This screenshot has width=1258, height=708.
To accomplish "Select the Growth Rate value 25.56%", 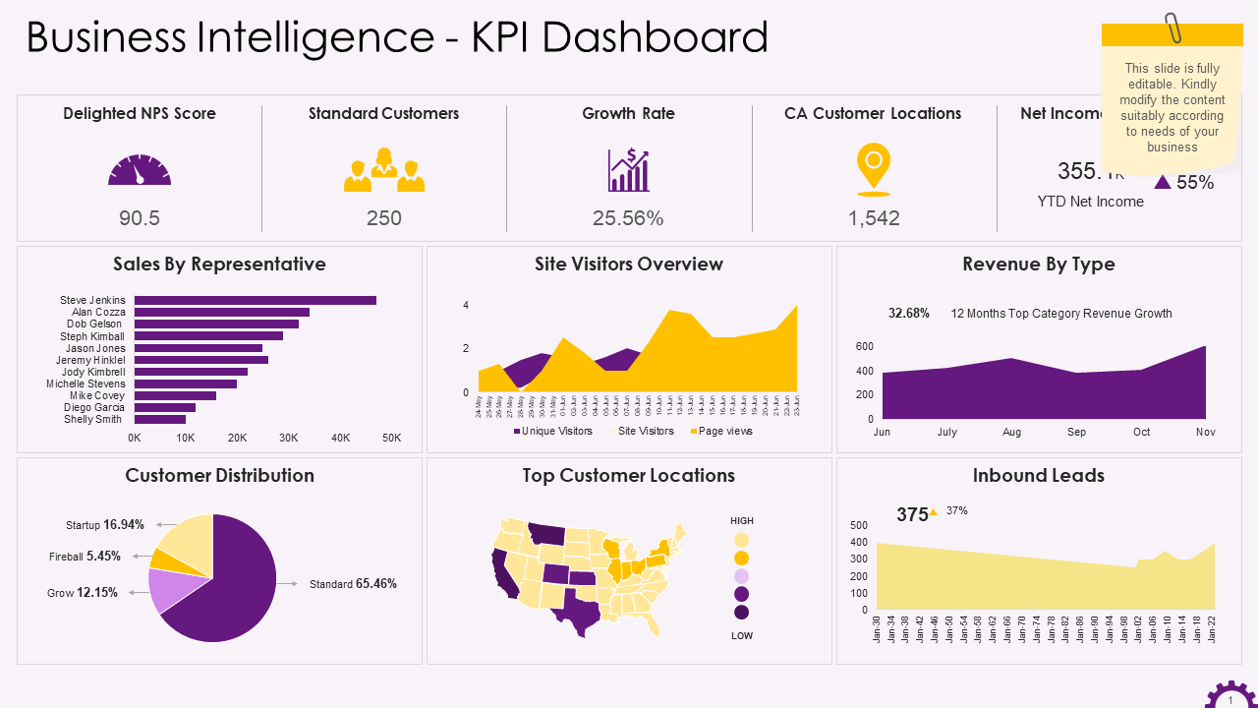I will coord(628,218).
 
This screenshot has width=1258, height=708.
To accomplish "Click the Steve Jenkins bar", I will coord(256,300).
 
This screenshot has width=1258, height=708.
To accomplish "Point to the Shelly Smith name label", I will coord(92,420).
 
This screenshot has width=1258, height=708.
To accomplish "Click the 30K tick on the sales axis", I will coord(288,438).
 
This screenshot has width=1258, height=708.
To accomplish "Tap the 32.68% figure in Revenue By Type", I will coord(908,314).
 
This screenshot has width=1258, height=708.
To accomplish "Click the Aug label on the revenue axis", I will coord(1011,433).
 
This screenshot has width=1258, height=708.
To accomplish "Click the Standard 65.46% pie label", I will coord(353,584).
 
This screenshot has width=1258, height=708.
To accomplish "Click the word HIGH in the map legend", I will coord(742,520).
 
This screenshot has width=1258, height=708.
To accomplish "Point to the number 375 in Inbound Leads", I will coord(912,514).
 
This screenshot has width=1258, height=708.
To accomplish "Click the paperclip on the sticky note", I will coord(1172,28).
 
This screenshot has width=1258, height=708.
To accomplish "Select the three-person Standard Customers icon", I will coord(384,170).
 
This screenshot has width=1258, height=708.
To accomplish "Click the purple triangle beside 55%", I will coord(1163,182).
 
